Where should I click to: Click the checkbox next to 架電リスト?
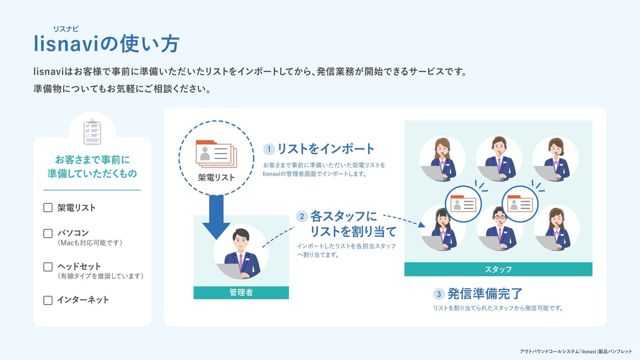tap(48, 207)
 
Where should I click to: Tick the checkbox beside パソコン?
tap(48, 234)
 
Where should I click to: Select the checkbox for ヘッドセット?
tap(48, 266)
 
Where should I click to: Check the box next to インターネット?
tap(48, 300)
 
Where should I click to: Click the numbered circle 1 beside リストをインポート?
tap(270, 149)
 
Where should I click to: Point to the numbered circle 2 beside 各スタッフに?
tap(302, 217)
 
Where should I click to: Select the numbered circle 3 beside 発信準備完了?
tap(439, 294)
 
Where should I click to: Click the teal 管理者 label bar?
tap(241, 293)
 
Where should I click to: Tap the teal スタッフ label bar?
tap(498, 269)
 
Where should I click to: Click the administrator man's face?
tap(241, 242)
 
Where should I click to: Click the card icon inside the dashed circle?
tap(214, 153)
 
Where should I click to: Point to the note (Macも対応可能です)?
tap(90, 243)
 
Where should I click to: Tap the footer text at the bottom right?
tap(575, 351)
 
